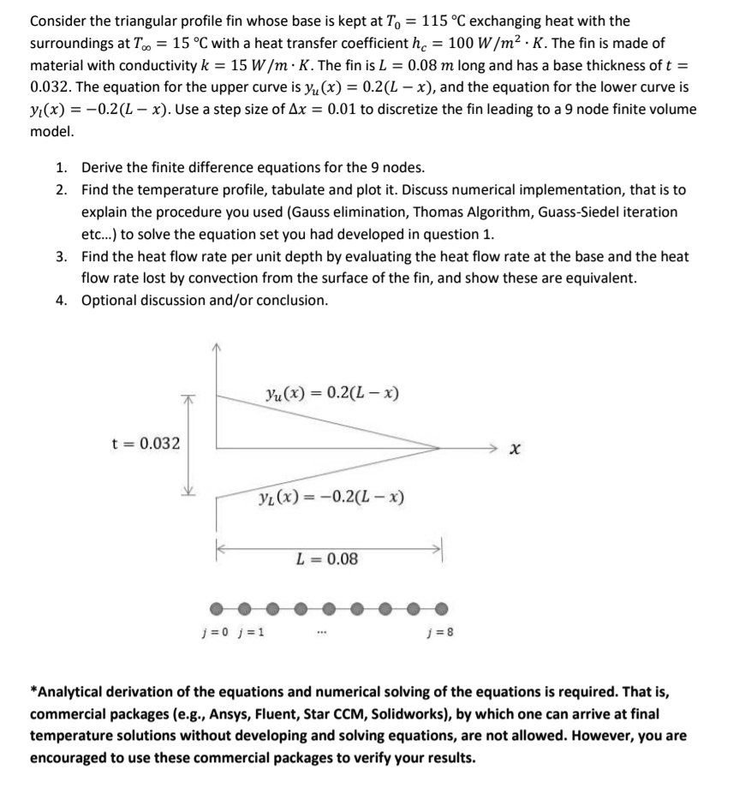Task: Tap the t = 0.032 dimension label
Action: [x=146, y=443]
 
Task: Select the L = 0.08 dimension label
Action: [x=327, y=560]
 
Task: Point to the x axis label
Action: [x=516, y=448]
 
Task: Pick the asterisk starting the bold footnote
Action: [x=33, y=691]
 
